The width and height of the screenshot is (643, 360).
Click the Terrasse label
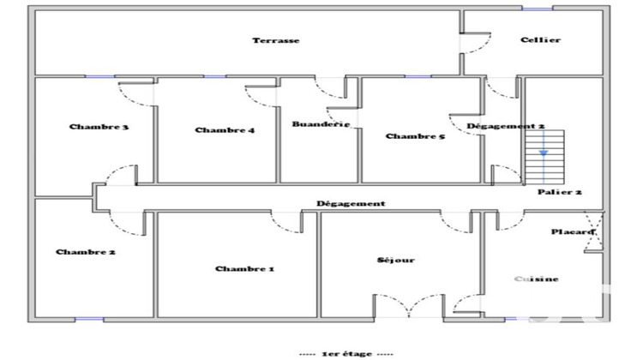tap(275, 41)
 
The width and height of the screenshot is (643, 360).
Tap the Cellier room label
tap(540, 40)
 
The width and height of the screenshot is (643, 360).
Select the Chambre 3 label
tap(99, 128)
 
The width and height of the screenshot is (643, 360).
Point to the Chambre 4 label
tap(225, 130)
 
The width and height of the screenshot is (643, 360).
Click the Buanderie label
tap(321, 124)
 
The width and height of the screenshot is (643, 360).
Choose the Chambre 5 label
tap(415, 136)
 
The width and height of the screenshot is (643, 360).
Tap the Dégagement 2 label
tap(506, 127)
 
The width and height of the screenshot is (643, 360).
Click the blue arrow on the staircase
tap(543, 153)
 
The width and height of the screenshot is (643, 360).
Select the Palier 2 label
tap(560, 193)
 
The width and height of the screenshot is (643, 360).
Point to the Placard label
tap(573, 231)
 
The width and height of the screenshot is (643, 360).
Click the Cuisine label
tap(538, 279)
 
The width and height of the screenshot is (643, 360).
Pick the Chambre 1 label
tap(244, 269)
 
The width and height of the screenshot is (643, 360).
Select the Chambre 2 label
tap(86, 252)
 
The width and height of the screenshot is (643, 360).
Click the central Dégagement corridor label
tap(350, 204)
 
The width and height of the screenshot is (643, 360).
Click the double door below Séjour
tap(407, 305)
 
